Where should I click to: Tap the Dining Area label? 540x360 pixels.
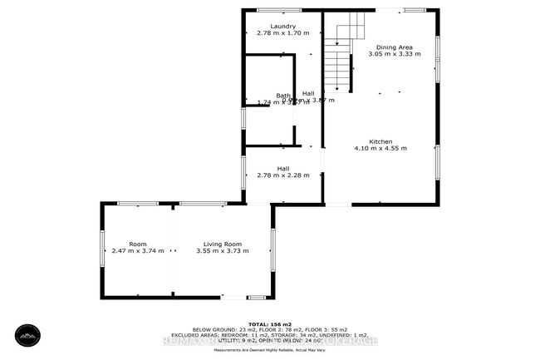point(392,47)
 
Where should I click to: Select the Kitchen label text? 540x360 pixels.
point(381,141)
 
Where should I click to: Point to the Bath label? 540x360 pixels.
point(283,95)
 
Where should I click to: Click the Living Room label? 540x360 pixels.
point(221,244)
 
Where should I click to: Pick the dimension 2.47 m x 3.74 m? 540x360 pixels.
point(138,250)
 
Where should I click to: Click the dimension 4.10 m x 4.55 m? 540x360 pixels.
point(381,149)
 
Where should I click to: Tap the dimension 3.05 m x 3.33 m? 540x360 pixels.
point(392,54)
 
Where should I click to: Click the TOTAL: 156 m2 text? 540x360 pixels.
point(270,323)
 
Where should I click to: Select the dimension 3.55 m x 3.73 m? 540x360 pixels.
point(221,250)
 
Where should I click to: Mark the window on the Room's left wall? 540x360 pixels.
point(103,247)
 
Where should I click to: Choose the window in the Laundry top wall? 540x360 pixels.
point(279,10)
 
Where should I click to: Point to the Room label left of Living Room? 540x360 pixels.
point(138,244)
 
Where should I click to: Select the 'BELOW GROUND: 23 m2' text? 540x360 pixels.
point(215,330)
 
